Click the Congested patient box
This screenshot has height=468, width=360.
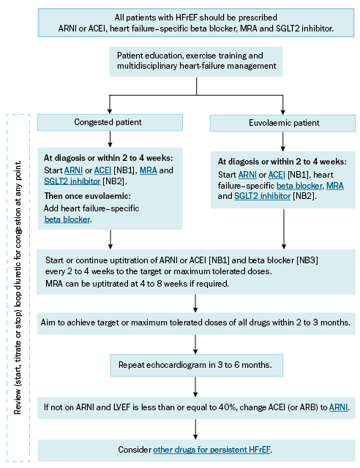[110, 122]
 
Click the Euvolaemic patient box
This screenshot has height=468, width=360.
[282, 123]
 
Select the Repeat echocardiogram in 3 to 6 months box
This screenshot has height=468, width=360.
[196, 365]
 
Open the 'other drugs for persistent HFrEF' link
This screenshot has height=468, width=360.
[211, 450]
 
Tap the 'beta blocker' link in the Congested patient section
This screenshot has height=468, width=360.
[67, 219]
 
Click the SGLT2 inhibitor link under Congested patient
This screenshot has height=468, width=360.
[72, 181]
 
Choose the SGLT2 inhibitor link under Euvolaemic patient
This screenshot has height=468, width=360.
[262, 196]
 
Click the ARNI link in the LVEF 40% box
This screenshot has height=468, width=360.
[339, 407]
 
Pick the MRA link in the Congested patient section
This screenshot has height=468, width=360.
[149, 170]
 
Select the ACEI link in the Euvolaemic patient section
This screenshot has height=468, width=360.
[277, 175]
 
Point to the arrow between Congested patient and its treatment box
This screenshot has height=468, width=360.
[110, 139]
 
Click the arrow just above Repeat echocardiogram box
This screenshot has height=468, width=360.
[195, 344]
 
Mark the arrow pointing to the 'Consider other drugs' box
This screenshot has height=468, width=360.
[195, 429]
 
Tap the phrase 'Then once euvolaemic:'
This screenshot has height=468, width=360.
[88, 196]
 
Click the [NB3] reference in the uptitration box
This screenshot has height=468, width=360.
[307, 260]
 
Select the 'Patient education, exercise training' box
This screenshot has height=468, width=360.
[195, 61]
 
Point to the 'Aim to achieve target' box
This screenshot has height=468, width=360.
[196, 323]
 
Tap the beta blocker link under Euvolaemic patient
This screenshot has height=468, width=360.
[299, 186]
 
